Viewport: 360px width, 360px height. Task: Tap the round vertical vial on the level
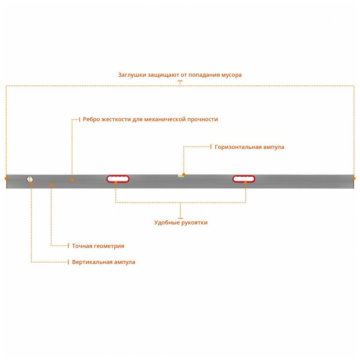click(30, 179)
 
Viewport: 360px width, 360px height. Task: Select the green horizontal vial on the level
click(180, 176)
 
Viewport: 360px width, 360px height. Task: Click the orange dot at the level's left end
click(6, 178)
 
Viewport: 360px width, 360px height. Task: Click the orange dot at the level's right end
click(354, 178)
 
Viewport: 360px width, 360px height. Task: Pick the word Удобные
click(167, 223)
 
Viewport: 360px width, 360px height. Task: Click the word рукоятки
click(195, 223)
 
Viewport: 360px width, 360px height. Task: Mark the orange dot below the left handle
click(116, 183)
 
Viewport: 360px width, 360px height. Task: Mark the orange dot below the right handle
click(246, 183)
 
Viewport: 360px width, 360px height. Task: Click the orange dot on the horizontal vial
click(184, 175)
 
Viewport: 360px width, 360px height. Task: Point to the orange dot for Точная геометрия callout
click(51, 185)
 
